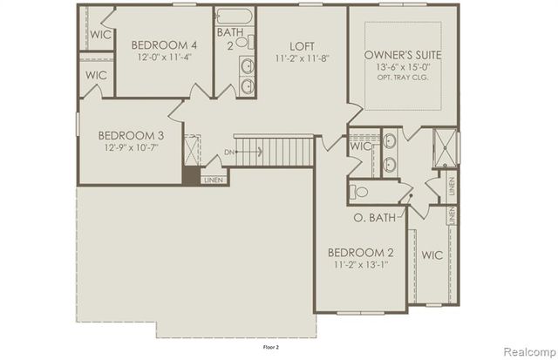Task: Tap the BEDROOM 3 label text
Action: (130, 135)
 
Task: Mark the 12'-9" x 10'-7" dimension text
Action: (130, 148)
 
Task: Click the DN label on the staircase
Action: (229, 153)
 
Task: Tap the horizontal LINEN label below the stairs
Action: (213, 180)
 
